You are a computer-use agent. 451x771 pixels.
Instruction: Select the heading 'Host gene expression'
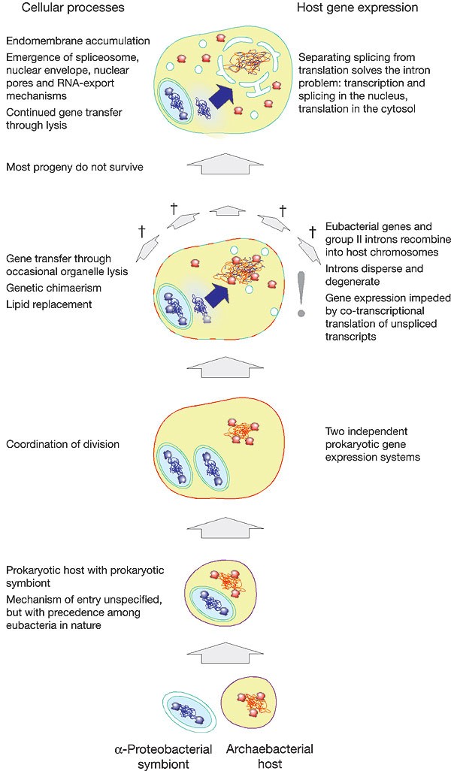tap(358, 8)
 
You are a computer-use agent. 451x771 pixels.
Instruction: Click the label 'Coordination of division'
tap(63, 444)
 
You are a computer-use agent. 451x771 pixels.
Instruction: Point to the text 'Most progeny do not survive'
tap(74, 167)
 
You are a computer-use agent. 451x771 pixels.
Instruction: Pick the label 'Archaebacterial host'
tap(270, 756)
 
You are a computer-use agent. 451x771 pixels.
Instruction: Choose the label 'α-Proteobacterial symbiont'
tap(163, 756)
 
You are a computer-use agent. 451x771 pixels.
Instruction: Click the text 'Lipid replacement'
tap(49, 304)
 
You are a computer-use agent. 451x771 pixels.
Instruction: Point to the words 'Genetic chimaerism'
tap(53, 288)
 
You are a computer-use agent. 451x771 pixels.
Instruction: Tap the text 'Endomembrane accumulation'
tap(78, 41)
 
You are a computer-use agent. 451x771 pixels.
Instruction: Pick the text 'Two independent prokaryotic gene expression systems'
tap(373, 444)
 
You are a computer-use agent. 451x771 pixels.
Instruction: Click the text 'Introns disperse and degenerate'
tap(374, 275)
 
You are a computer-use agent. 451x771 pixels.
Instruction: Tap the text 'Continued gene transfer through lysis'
tap(64, 119)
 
